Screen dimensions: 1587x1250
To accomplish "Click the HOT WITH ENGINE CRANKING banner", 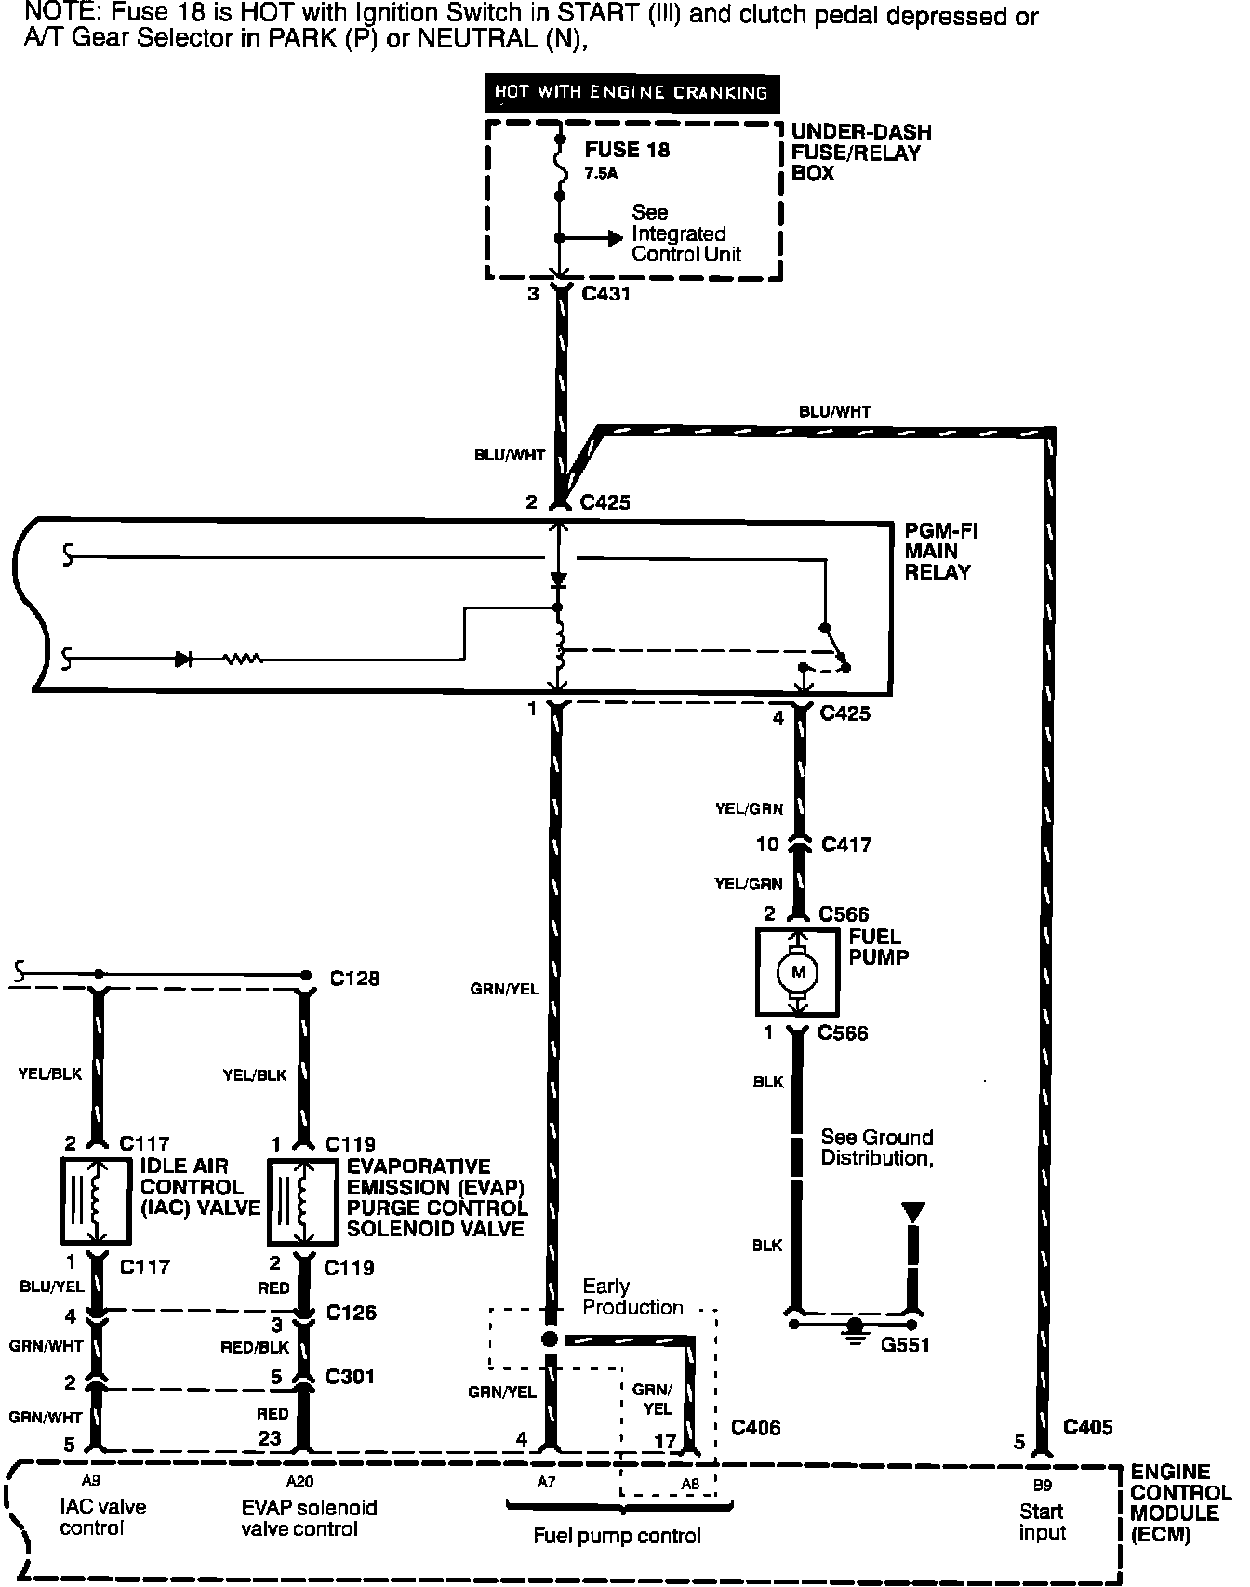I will (x=632, y=93).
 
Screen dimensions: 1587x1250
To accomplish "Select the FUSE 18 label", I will (x=627, y=151).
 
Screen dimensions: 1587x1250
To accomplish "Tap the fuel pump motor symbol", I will (x=797, y=972).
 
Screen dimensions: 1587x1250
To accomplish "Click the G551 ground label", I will (x=905, y=1345).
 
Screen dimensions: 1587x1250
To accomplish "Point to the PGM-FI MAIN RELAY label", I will (x=940, y=552).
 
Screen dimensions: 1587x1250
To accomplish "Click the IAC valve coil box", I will (x=97, y=1201).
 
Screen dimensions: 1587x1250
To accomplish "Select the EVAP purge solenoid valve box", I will (x=302, y=1201).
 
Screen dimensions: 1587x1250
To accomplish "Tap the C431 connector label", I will (x=605, y=295).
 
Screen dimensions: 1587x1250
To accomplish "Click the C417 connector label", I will (x=846, y=845).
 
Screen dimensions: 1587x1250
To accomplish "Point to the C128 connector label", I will (x=355, y=979).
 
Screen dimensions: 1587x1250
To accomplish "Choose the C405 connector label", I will (x=1087, y=1427).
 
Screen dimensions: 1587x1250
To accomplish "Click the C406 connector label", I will (x=756, y=1427).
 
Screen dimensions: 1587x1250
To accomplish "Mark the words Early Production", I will (x=632, y=1297).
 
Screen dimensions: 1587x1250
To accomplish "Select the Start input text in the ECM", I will (x=1042, y=1522).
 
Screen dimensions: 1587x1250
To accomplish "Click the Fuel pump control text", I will (x=617, y=1536).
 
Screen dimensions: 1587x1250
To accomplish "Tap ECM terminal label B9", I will (x=1042, y=1487).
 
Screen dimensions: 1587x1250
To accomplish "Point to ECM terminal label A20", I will (x=299, y=1483).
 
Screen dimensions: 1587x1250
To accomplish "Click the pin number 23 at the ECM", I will (x=269, y=1438).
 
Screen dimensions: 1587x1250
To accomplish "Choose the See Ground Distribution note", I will (x=876, y=1148).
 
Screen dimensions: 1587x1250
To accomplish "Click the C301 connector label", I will (x=351, y=1376).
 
